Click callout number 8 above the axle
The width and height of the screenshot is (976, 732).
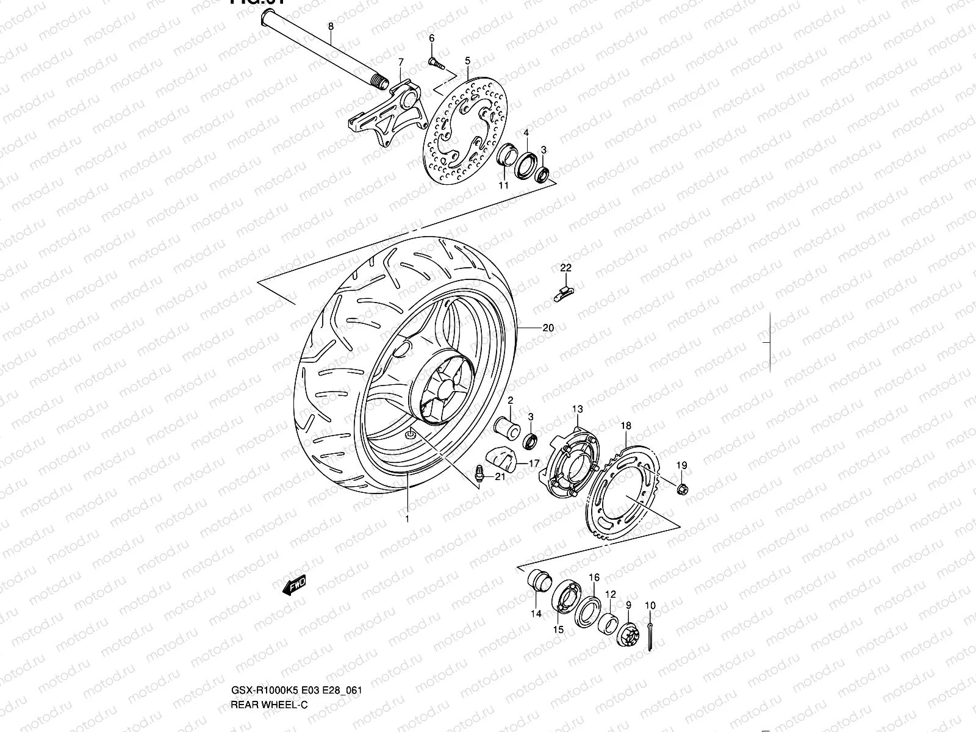(x=331, y=26)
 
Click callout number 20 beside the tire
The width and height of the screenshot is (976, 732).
(x=548, y=328)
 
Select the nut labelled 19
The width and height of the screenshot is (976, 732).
(x=683, y=488)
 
